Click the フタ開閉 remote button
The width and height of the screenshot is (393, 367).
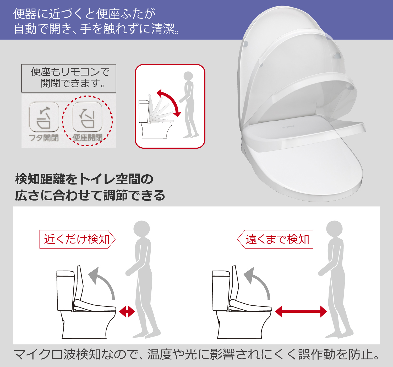coord(44,117)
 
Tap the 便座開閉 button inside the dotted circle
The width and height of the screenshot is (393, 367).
coord(87,117)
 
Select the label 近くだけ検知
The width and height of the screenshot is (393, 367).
coord(77,239)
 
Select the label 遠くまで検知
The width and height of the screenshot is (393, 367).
coord(277,239)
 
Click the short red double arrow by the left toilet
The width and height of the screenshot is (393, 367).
coord(127,312)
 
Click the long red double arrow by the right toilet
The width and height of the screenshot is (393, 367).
coord(301,312)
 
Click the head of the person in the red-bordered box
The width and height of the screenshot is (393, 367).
coord(188,76)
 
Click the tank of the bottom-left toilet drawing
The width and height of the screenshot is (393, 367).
coord(65,290)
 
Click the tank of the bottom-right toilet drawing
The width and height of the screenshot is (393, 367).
coord(221,290)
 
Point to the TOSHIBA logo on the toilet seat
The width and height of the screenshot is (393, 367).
coord(288,127)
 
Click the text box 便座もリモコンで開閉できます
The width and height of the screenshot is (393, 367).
coord(69,78)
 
